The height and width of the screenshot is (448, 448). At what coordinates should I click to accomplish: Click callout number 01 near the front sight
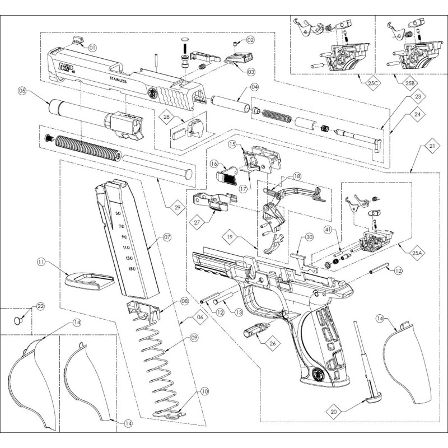[x=92, y=48]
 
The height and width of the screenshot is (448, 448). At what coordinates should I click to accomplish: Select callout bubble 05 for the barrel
[x=22, y=90]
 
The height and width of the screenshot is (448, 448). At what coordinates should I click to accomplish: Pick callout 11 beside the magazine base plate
[x=41, y=262]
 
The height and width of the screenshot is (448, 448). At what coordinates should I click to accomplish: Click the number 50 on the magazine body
[x=118, y=213]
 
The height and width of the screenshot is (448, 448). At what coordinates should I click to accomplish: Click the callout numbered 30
[x=309, y=237]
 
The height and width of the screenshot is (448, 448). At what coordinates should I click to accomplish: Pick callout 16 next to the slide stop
[x=214, y=164]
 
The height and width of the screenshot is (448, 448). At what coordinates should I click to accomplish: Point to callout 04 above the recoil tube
[x=254, y=87]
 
